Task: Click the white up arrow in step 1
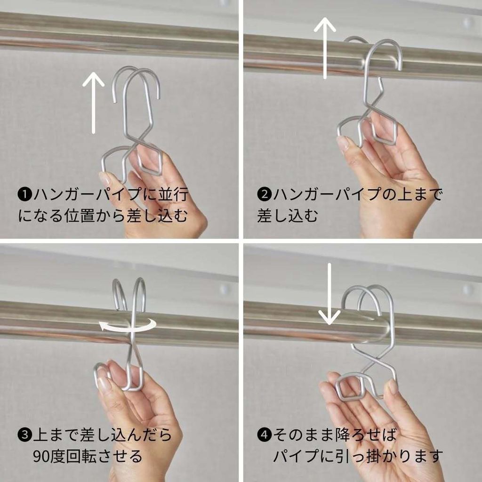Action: [x=94, y=103]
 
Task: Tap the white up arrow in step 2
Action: [x=325, y=48]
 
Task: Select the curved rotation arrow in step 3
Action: [x=127, y=325]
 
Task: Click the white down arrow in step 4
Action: [x=329, y=294]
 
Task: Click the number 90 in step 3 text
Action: [x=41, y=457]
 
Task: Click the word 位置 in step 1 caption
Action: [x=79, y=216]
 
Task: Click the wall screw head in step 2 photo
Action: [x=468, y=22]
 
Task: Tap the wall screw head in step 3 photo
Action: [x=225, y=289]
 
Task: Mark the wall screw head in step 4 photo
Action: [x=468, y=289]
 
